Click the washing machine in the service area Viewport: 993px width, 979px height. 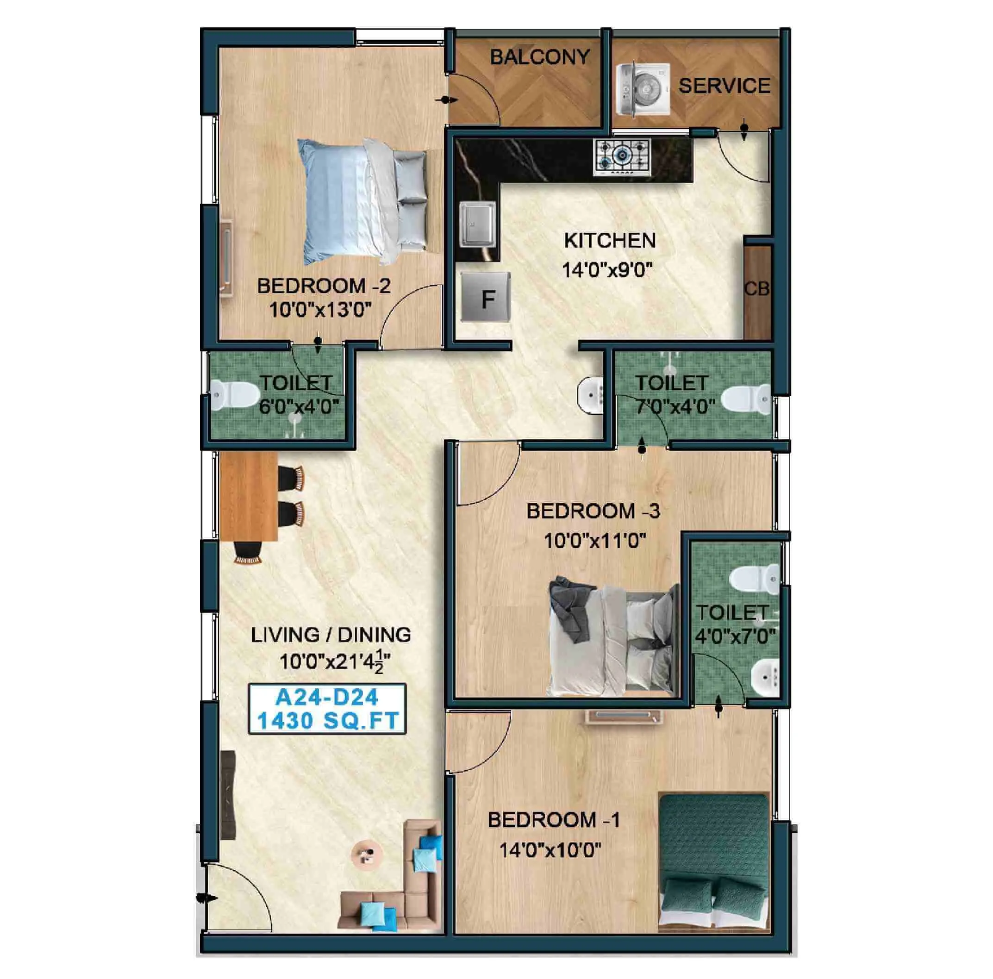click(643, 88)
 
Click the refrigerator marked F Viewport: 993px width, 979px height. click(486, 297)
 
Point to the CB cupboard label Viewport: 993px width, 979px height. click(756, 289)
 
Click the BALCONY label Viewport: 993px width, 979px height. click(539, 57)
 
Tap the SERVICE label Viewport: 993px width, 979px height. click(724, 86)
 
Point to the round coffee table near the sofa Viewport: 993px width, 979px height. click(367, 855)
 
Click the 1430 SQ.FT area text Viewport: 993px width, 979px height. click(327, 721)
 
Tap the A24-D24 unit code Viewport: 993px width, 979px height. click(327, 698)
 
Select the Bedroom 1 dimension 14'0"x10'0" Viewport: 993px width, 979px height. click(550, 850)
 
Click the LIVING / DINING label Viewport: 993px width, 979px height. click(331, 635)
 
